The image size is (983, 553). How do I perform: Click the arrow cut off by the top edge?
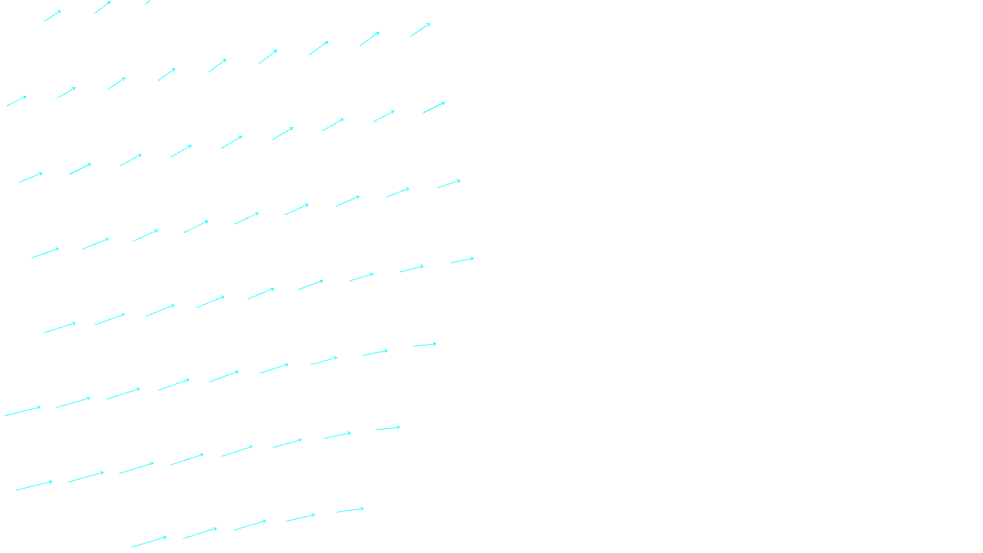coord(148,2)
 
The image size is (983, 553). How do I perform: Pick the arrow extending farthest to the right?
coord(463,261)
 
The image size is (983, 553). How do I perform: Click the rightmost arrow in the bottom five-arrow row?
coord(350,510)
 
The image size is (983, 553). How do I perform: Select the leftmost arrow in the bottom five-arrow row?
coord(149,542)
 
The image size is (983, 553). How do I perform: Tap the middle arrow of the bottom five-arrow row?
coord(250,525)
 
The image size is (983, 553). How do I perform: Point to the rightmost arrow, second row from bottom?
coord(388,428)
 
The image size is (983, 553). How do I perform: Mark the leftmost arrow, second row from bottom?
coord(34,485)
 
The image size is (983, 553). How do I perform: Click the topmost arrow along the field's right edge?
coord(420,30)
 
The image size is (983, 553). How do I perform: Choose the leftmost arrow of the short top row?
coord(53,16)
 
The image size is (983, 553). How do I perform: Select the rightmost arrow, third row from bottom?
coord(425,345)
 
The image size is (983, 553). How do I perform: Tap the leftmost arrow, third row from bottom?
coord(23,411)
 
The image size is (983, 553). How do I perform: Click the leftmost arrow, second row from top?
coord(17,101)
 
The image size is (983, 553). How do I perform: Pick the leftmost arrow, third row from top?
coord(31,178)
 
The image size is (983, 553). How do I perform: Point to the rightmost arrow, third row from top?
coord(434,108)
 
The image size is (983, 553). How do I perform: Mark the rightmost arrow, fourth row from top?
coord(448,184)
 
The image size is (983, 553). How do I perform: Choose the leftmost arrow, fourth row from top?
coord(45,253)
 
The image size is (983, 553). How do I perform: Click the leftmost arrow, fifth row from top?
coord(60,327)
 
